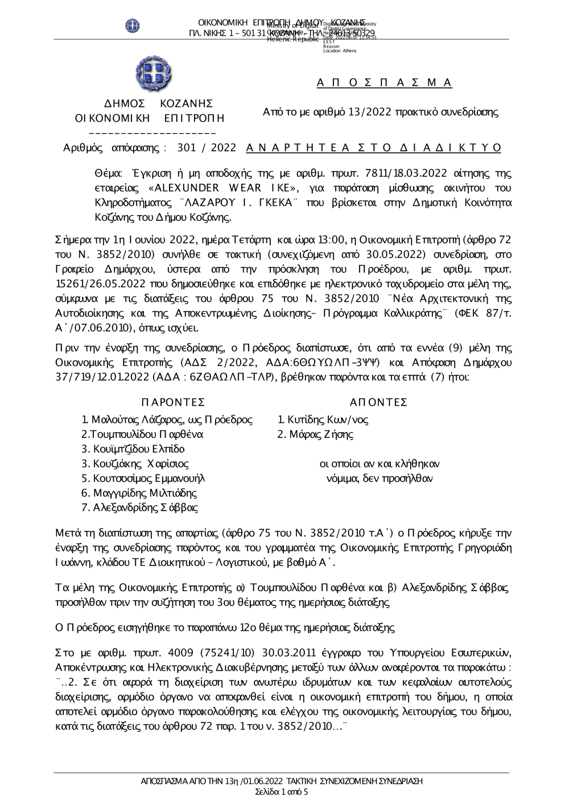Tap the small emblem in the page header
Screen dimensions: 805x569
(133, 26)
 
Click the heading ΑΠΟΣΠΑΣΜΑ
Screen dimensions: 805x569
(384, 83)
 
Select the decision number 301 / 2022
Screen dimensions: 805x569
(207, 148)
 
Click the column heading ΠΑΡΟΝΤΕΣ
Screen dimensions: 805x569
(173, 403)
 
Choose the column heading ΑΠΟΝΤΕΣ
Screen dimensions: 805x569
(378, 403)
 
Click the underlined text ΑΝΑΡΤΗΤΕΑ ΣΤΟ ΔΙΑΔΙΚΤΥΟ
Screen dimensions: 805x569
(373, 148)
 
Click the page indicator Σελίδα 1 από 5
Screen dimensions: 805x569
(282, 792)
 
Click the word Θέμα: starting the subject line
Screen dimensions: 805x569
(107, 173)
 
